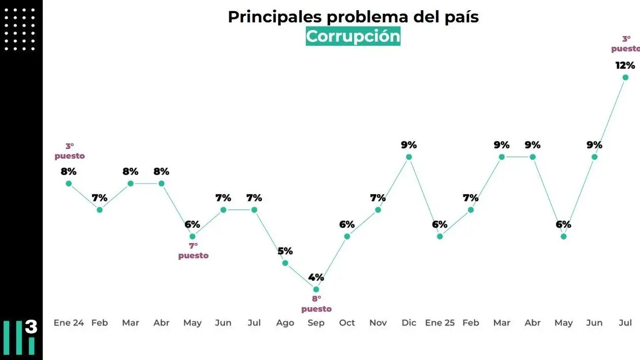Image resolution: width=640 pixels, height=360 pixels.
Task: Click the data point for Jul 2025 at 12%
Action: tap(625, 77)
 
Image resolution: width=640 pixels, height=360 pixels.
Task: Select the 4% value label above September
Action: tap(316, 278)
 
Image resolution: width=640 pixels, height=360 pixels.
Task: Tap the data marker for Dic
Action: tap(409, 157)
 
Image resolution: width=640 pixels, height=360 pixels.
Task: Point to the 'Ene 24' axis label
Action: tap(69, 323)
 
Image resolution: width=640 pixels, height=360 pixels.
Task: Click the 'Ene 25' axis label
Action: tap(440, 323)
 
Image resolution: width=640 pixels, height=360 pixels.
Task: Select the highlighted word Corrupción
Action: tap(353, 37)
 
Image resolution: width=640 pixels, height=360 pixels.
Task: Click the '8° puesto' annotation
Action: tap(316, 304)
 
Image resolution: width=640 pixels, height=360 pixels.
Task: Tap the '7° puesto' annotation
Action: tap(193, 251)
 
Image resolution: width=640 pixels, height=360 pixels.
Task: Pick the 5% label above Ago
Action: tap(285, 251)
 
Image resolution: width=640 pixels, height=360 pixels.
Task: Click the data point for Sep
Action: tap(316, 289)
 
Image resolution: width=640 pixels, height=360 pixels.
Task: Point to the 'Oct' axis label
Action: tap(347, 323)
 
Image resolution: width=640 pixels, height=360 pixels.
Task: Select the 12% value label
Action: tap(625, 65)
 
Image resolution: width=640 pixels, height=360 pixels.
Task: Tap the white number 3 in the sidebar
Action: tap(31, 327)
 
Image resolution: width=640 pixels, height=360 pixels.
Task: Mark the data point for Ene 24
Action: tap(69, 183)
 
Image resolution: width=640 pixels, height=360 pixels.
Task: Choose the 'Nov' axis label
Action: tap(378, 323)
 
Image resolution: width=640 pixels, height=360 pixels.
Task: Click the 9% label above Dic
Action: tap(409, 145)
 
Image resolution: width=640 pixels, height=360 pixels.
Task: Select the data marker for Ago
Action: tap(285, 263)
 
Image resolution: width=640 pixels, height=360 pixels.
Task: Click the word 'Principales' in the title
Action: tap(275, 17)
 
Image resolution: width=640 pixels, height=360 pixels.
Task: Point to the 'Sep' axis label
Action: tap(316, 323)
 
